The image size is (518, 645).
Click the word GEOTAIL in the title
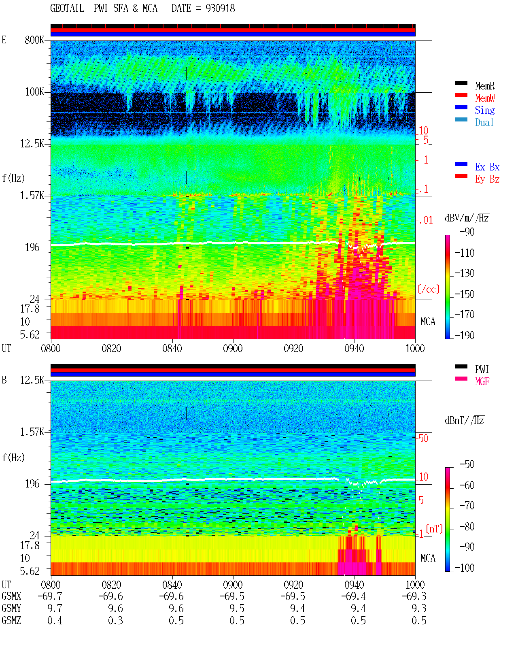click(x=67, y=9)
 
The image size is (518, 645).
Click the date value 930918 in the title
click(x=220, y=9)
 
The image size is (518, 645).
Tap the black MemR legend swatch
click(x=461, y=83)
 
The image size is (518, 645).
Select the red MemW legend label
click(x=485, y=98)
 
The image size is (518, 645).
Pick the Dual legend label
click(x=484, y=122)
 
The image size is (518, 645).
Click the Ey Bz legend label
click(x=487, y=179)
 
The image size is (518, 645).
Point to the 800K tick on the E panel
click(x=34, y=40)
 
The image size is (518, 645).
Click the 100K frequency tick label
click(x=34, y=92)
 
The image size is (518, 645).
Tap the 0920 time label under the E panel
click(x=294, y=349)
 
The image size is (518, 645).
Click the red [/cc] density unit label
click(x=429, y=290)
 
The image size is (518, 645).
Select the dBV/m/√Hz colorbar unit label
click(x=467, y=218)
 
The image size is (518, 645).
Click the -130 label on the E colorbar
click(x=464, y=273)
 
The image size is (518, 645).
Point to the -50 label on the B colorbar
click(x=467, y=464)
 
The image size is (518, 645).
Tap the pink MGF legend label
click(x=482, y=381)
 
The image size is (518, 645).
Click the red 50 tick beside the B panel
click(x=423, y=439)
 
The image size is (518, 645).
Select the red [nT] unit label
click(x=434, y=529)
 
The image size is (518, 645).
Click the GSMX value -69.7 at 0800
click(x=50, y=596)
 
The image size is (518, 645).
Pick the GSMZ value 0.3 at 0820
click(x=115, y=620)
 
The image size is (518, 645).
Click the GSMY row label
click(x=11, y=609)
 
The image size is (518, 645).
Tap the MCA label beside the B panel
click(x=428, y=558)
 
